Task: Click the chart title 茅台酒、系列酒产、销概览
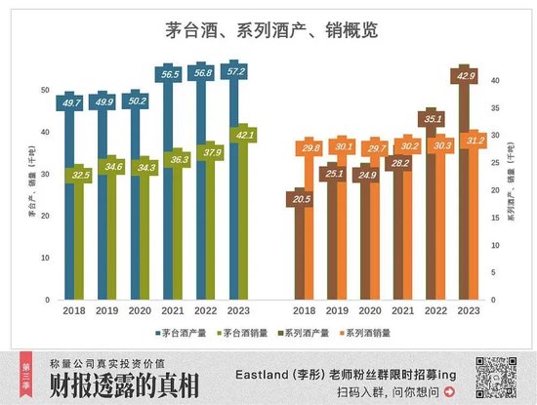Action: (x=269, y=30)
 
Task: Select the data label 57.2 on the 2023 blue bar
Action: (x=232, y=72)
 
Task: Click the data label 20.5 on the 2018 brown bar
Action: (x=300, y=199)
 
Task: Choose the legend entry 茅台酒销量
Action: (x=243, y=332)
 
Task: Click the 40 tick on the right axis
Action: (x=495, y=80)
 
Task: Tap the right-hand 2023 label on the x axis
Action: (x=468, y=310)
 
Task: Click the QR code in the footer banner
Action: (x=491, y=376)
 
